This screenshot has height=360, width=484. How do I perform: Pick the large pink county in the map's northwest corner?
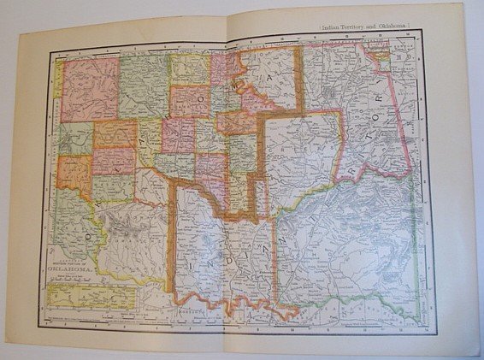88,86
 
